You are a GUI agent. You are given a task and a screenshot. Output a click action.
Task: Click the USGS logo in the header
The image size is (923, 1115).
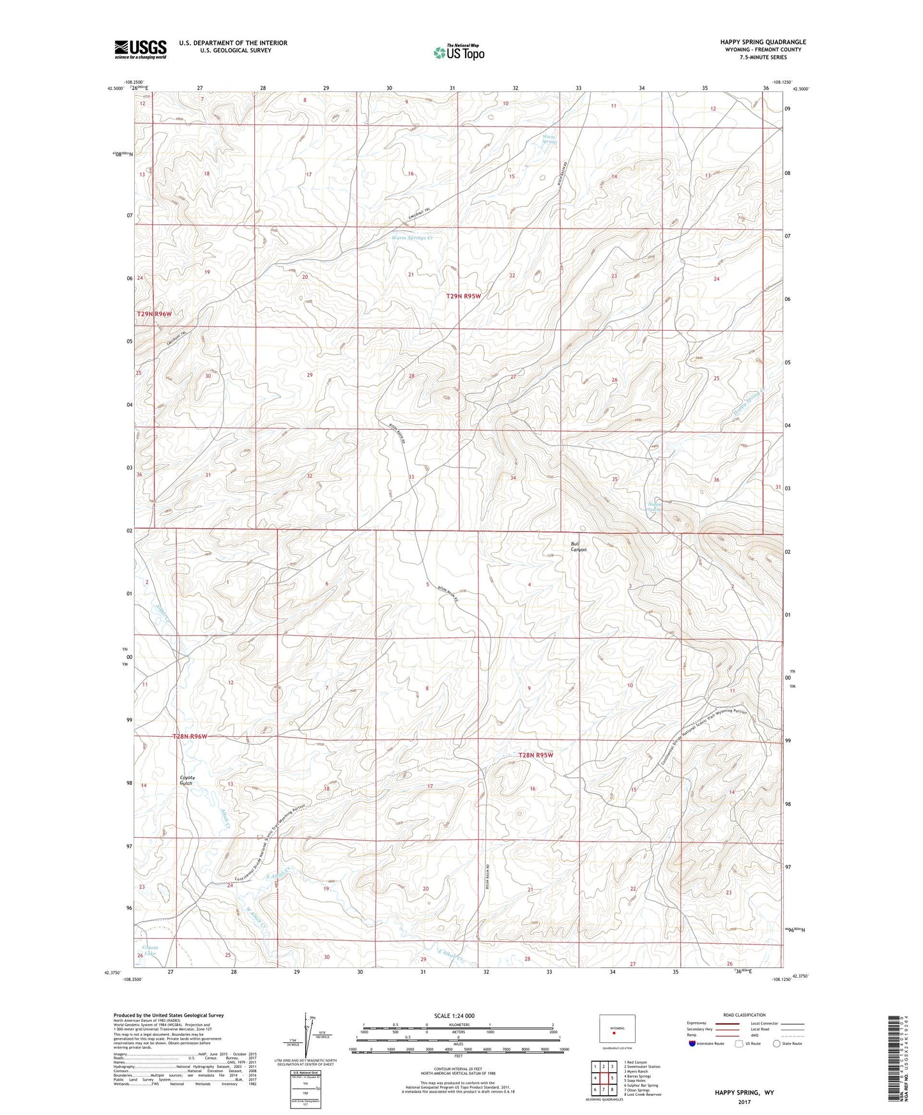pos(140,49)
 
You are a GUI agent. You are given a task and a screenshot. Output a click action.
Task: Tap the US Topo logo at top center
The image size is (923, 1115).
pos(458,52)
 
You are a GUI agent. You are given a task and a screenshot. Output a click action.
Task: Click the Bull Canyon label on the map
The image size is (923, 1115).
pos(578,547)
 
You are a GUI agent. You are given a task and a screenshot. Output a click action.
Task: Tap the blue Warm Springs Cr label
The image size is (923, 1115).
pos(412,238)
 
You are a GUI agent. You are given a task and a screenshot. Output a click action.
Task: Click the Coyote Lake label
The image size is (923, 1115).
pos(150,950)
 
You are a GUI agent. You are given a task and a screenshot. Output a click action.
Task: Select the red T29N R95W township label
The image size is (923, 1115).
pos(463,296)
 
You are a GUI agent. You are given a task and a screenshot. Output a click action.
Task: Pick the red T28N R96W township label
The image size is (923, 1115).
pos(190,736)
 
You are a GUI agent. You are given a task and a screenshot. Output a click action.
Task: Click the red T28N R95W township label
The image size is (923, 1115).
pos(536,755)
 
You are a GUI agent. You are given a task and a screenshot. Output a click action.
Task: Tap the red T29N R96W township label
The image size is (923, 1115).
pos(155,314)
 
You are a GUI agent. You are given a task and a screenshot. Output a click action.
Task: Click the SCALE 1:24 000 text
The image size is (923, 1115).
pos(454,1015)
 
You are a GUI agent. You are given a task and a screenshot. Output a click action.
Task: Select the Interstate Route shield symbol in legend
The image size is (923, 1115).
pos(692,1043)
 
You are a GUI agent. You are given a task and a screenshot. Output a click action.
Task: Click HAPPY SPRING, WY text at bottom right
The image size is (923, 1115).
pos(744,1093)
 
